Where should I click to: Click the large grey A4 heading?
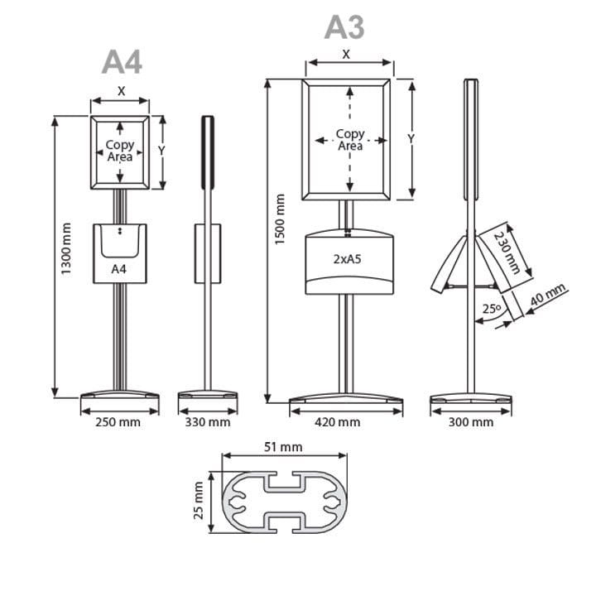coord(122,62)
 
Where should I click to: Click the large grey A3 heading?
coord(344,27)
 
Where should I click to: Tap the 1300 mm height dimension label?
coord(66,249)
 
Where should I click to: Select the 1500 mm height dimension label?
coord(280,219)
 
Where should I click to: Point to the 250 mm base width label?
coord(118,422)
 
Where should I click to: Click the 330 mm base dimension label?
coord(208,422)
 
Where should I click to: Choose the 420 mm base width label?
coord(338,422)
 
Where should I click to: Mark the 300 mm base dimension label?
coord(471,422)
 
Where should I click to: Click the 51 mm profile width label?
coord(284,447)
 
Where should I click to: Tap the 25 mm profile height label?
coord(199,501)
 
